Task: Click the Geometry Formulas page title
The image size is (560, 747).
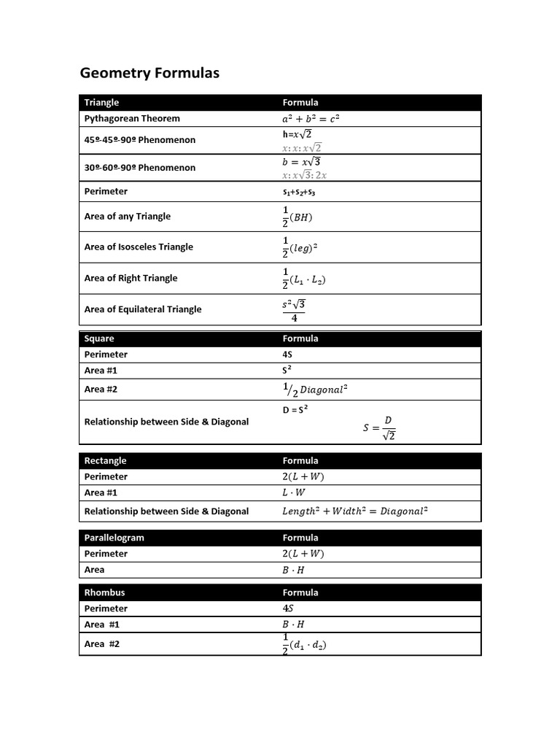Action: point(149,73)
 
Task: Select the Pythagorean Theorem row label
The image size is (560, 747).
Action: point(132,118)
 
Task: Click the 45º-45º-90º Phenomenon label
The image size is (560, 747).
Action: point(140,139)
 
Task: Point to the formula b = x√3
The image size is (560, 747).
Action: point(302,162)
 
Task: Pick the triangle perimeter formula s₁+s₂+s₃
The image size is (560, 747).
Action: point(299,192)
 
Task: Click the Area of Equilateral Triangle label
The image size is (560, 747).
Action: point(143,309)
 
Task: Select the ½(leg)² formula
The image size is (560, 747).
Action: point(300,247)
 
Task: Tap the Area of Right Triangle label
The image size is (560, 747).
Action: point(131,278)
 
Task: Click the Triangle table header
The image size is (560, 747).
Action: point(101,102)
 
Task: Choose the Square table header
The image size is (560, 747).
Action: point(99,338)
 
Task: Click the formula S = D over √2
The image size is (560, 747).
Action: point(380,428)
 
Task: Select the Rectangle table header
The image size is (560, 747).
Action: point(105,460)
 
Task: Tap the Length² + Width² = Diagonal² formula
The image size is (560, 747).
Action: point(354,511)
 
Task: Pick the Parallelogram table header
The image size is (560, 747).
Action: point(114,538)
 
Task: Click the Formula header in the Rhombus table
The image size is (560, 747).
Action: point(300,592)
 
